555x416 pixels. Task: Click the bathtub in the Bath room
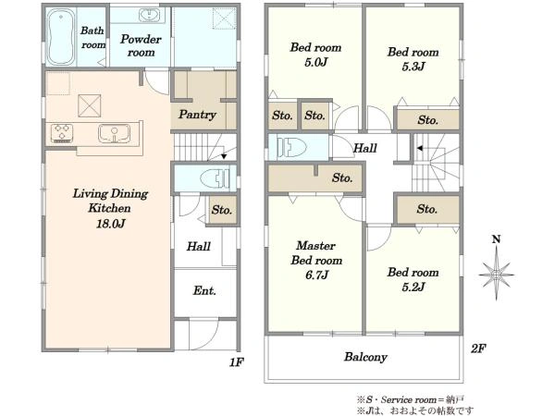[61, 37]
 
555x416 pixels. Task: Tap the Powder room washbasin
[149, 15]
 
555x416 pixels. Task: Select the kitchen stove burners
[62, 133]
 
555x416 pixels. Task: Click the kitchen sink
[114, 133]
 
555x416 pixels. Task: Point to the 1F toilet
[215, 177]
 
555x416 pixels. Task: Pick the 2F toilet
[292, 147]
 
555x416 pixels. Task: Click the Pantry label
[197, 115]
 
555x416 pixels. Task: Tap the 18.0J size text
[110, 224]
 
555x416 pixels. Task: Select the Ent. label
[204, 291]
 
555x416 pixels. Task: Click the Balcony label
[365, 357]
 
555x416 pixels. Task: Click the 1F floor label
[236, 362]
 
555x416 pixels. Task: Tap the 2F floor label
[478, 349]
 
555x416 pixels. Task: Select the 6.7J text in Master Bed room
[316, 275]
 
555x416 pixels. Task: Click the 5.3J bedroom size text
[413, 67]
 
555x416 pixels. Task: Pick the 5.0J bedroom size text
[316, 62]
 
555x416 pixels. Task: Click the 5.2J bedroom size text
[413, 287]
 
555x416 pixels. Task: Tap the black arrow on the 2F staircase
[419, 148]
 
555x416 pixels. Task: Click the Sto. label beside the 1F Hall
[222, 210]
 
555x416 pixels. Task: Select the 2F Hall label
[365, 148]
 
